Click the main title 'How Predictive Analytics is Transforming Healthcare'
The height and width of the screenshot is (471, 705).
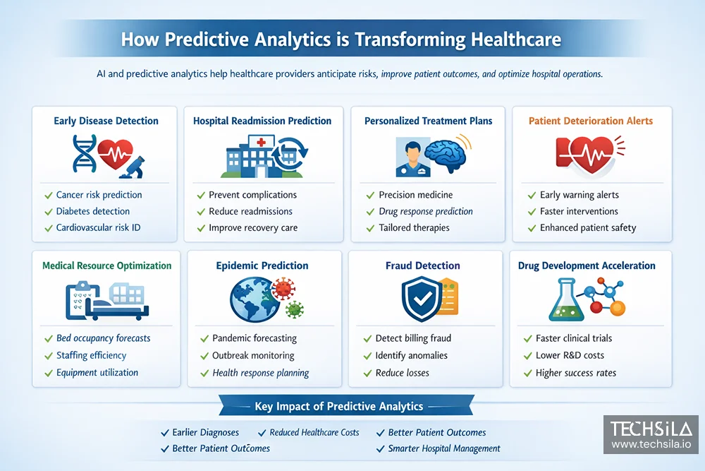[341, 39]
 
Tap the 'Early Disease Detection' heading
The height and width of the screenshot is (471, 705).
[106, 121]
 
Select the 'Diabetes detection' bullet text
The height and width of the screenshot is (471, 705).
[92, 211]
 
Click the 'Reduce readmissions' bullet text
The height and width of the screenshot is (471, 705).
[250, 211]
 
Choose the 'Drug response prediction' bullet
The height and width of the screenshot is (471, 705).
[426, 211]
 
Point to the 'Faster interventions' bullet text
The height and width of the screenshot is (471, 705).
[579, 211]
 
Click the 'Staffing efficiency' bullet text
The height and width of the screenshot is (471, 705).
[91, 356]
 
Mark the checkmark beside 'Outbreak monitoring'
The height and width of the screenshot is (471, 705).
[204, 356]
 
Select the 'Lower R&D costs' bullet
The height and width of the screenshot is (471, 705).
[570, 356]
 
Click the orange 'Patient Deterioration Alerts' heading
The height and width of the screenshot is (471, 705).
[591, 121]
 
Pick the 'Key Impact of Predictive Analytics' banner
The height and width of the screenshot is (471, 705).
[338, 406]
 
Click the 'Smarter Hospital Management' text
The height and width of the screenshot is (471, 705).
[444, 448]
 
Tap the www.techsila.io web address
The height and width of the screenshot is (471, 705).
[650, 444]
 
